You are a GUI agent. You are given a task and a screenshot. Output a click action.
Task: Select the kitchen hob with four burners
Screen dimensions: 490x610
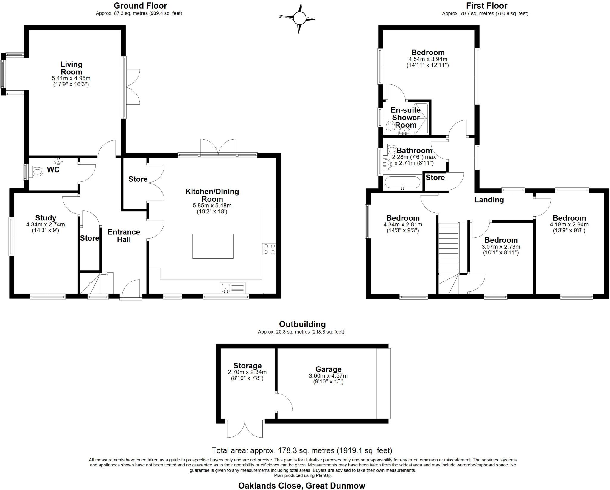click(x=269, y=249)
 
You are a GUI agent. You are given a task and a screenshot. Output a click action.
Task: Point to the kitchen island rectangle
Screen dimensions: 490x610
click(x=213, y=246)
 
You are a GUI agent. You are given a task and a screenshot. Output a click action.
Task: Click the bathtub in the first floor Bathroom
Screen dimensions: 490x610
click(x=402, y=183)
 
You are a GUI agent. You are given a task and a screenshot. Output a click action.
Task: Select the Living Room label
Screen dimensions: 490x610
click(x=71, y=68)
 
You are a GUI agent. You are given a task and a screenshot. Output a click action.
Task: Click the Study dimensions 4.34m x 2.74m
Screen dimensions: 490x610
click(x=46, y=225)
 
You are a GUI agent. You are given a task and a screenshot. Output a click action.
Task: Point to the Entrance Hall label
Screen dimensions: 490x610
click(x=124, y=236)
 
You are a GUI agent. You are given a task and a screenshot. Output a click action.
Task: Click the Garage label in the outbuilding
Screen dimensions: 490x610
click(x=328, y=369)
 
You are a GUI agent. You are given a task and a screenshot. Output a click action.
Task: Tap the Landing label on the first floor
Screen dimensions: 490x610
click(x=489, y=200)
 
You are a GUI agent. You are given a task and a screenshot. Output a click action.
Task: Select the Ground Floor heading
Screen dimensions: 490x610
click(x=140, y=6)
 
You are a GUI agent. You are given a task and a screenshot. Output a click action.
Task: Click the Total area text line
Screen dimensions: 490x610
click(x=302, y=450)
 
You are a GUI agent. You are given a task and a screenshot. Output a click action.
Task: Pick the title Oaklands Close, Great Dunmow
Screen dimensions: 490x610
click(x=301, y=486)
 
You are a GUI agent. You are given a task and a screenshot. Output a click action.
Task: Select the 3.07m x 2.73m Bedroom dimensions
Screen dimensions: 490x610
click(x=501, y=247)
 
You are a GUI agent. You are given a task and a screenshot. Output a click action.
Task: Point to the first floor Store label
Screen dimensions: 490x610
click(x=435, y=178)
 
